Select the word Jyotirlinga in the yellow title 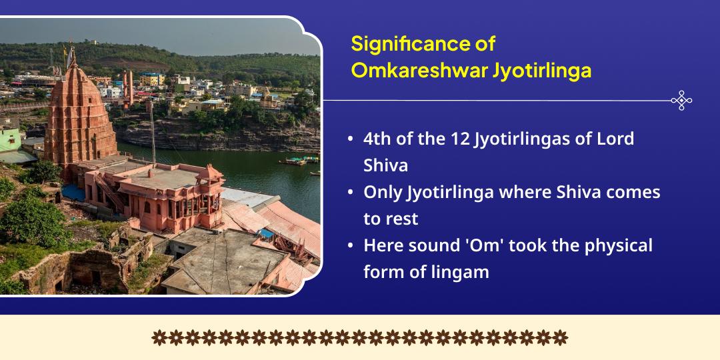(x=536, y=72)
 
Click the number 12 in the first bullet (x=459, y=139)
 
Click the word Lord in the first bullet (x=617, y=139)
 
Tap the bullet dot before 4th (x=351, y=139)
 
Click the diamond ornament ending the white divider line (x=681, y=100)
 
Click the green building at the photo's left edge (x=10, y=140)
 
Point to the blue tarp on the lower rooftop (x=266, y=233)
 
